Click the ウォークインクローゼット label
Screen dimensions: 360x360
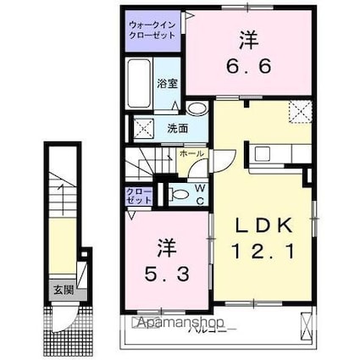(x=152, y=32)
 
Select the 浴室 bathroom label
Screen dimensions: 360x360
(x=167, y=83)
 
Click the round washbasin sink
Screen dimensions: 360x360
(x=197, y=108)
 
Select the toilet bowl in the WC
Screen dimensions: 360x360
(x=180, y=195)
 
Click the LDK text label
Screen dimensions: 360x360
(x=263, y=225)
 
